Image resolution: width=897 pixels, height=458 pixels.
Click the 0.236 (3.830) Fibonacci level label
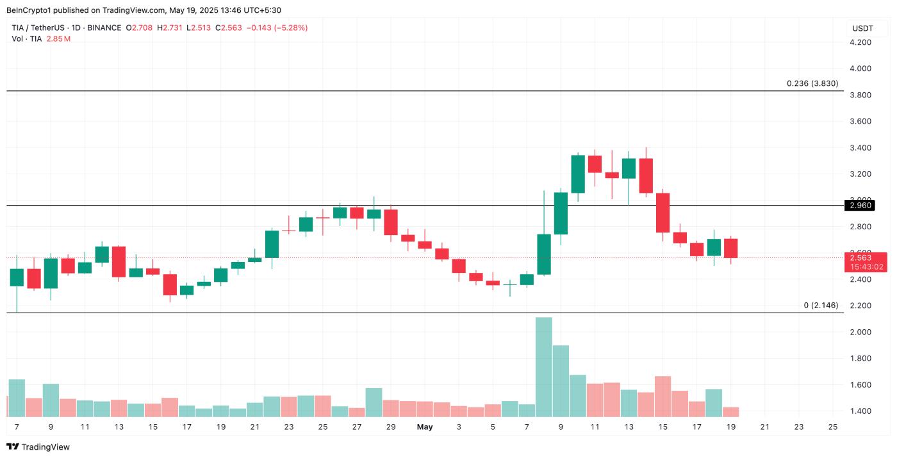812,83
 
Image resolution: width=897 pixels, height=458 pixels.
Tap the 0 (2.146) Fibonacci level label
821,306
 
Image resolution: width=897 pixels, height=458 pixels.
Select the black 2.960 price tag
860,206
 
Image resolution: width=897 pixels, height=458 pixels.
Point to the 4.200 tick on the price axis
860,42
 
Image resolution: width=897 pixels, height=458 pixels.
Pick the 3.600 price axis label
860,121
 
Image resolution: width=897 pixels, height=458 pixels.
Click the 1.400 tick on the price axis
860,411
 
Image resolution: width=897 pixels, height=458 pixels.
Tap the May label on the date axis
424,427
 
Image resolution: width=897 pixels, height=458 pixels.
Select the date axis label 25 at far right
833,427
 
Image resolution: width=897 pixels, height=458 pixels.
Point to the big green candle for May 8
543,254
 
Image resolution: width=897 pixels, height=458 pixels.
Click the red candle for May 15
662,213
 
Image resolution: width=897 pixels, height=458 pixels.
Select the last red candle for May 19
730,249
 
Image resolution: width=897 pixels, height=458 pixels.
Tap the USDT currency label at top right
862,28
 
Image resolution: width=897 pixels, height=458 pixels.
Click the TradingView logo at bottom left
38,447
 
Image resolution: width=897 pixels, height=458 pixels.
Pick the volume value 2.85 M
58,39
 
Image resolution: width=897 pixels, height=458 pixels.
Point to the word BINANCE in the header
104,28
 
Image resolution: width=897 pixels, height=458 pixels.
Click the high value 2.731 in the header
170,28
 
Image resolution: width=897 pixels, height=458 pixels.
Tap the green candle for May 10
577,174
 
